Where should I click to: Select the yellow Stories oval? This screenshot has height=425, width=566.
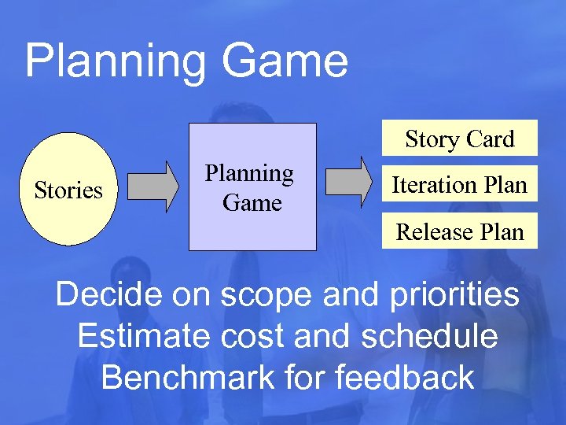click(x=68, y=190)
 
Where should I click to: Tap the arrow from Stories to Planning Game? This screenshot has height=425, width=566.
click(x=153, y=187)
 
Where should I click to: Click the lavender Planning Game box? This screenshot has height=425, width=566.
click(x=252, y=187)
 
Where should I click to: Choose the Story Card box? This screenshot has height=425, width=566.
click(x=459, y=139)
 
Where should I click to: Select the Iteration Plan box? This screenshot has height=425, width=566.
click(x=459, y=185)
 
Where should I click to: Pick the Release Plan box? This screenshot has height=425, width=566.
click(x=459, y=231)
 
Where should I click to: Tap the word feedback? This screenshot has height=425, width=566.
click(x=406, y=378)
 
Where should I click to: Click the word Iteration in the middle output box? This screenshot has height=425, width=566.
click(x=428, y=185)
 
